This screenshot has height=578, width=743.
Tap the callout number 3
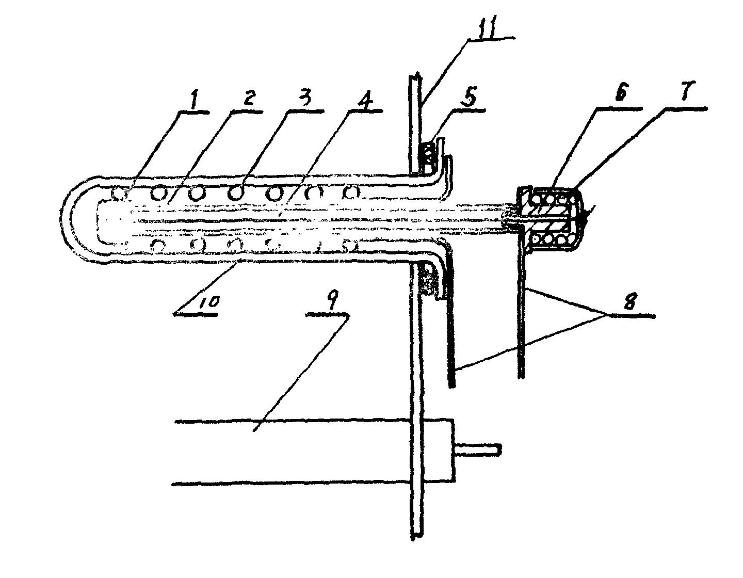305,100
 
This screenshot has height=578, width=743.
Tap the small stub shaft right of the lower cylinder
477,449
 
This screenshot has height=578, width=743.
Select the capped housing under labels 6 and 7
552,219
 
